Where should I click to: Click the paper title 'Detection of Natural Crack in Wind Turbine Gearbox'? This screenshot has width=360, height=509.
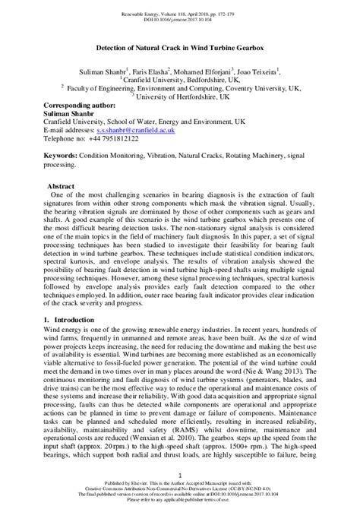[180, 47]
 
